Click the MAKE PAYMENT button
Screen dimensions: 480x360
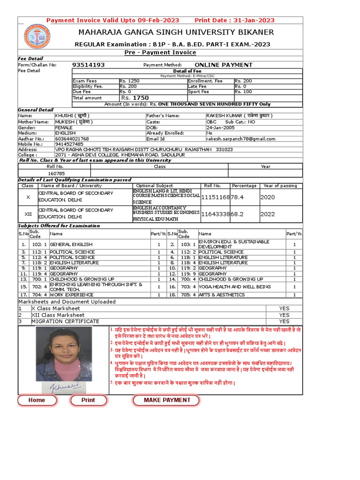click(167, 400)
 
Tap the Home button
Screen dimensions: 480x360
click(37, 400)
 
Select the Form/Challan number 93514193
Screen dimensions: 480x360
click(89, 65)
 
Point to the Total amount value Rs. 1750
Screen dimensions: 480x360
click(135, 98)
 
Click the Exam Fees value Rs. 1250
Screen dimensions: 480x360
click(129, 81)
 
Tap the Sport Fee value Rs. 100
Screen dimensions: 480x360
click(243, 92)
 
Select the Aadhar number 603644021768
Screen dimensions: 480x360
click(72, 139)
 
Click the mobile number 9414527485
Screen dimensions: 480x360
click(69, 144)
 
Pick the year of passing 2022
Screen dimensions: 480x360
click(268, 214)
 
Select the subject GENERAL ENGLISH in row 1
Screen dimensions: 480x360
click(71, 244)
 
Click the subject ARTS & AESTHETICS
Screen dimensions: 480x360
click(222, 295)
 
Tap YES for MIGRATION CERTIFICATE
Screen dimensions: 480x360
click(284, 322)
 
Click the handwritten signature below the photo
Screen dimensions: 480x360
click(63, 388)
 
